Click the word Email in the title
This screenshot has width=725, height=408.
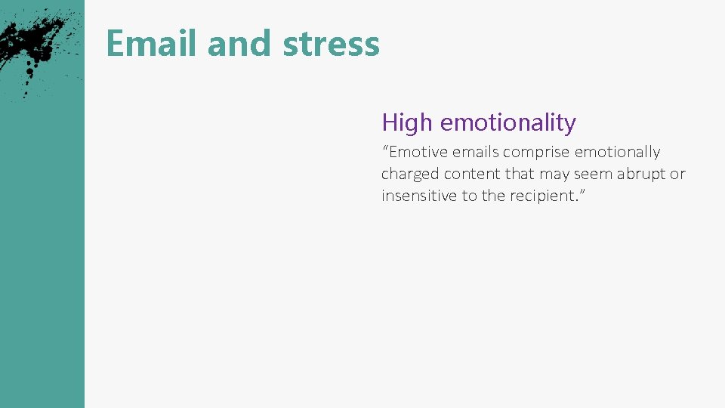(x=152, y=44)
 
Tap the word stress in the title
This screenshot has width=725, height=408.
(x=331, y=44)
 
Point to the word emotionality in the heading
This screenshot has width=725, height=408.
(x=507, y=122)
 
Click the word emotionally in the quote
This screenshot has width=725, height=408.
(x=617, y=152)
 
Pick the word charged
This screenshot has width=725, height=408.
(x=409, y=174)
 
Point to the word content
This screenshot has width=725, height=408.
(x=471, y=174)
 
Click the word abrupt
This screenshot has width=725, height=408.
(x=640, y=174)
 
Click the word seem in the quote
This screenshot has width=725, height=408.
(x=594, y=174)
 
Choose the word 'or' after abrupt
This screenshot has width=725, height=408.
(x=677, y=174)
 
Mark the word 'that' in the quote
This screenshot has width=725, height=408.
(x=520, y=174)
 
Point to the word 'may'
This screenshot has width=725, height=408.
(x=554, y=174)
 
